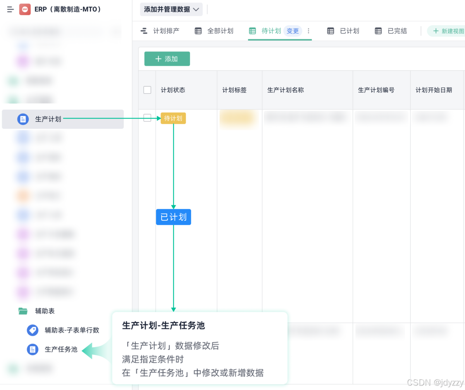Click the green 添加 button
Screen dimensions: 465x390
point(167,59)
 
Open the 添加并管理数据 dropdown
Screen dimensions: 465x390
point(171,9)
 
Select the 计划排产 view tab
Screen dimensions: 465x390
point(160,31)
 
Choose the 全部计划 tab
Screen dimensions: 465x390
point(214,31)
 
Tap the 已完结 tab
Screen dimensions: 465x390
point(391,31)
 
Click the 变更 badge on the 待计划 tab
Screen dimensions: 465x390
point(293,31)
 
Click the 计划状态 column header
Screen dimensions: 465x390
point(173,90)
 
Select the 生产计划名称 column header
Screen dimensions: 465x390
point(285,90)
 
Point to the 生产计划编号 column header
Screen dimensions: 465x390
point(376,90)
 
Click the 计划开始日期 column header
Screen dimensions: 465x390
point(434,90)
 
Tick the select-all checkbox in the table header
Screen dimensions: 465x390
point(147,90)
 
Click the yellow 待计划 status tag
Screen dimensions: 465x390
point(173,118)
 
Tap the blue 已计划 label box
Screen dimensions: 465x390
point(173,217)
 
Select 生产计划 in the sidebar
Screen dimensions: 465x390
point(48,119)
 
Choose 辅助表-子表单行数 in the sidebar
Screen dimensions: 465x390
point(72,330)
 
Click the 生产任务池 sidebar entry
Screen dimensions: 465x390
point(61,349)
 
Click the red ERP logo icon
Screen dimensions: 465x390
point(25,9)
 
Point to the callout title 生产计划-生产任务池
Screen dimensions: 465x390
point(163,326)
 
